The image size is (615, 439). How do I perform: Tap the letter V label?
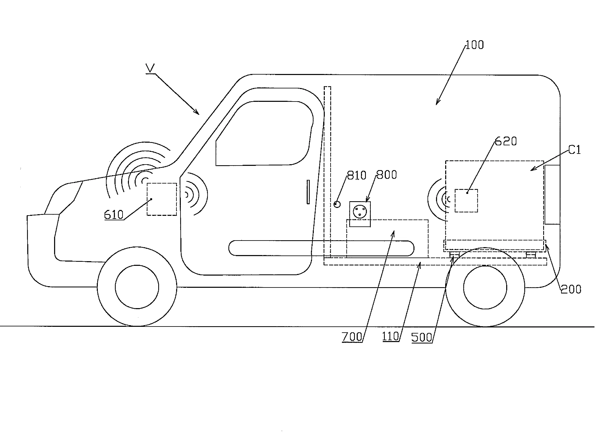pos(150,68)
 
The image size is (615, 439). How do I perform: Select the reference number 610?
pos(114,215)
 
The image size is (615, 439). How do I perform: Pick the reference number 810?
pos(357,175)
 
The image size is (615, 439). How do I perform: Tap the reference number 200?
pos(571,289)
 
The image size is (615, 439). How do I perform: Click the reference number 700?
pos(352,337)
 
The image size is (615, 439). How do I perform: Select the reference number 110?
pos(390,337)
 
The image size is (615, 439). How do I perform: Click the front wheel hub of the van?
pos(137,287)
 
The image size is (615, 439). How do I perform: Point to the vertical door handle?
pos(308,192)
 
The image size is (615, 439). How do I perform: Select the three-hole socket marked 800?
pos(360,214)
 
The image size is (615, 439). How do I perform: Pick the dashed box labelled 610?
pos(162,199)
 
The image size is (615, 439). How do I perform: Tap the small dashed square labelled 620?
pos(466,201)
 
